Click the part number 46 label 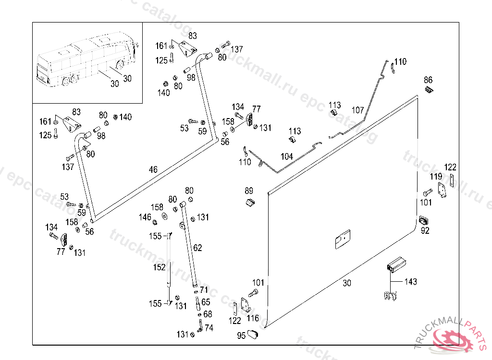coord(153,169)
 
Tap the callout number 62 coord(197,248)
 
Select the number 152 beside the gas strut coord(159,267)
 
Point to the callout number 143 coord(411,282)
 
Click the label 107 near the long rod coord(357,110)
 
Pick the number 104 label coord(287,157)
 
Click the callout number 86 coord(428,80)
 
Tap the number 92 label coord(425,230)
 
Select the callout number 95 coord(241,336)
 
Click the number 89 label coord(249,191)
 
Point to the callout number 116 coord(253,318)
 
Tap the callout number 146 coord(145,217)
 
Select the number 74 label coord(209,328)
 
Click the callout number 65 coord(206,302)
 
